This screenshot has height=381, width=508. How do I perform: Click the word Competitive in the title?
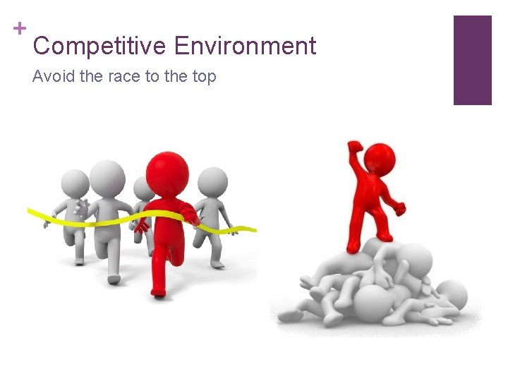pyautogui.click(x=99, y=47)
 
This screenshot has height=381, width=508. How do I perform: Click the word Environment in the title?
pyautogui.click(x=245, y=47)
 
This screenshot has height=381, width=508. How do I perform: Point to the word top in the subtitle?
pyautogui.click(x=203, y=76)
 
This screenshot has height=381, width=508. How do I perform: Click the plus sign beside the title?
pyautogui.click(x=20, y=28)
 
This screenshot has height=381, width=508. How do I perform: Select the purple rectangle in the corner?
pyautogui.click(x=472, y=60)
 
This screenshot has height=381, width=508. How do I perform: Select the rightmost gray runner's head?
pyautogui.click(x=212, y=181)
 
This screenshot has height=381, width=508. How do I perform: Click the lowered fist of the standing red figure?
pyautogui.click(x=401, y=209)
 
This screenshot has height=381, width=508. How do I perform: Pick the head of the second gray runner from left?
pyautogui.click(x=107, y=175)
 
